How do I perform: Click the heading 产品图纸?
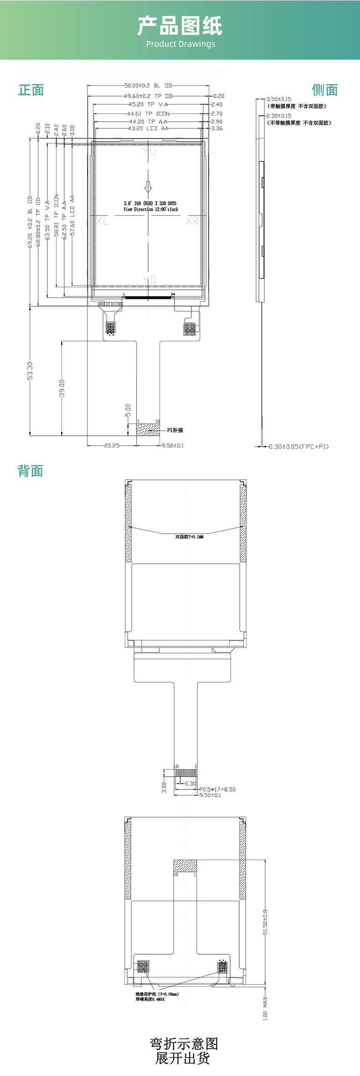point(180,26)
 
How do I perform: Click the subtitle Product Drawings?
point(180,44)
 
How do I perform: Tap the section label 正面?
point(31,90)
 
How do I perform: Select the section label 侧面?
point(325,90)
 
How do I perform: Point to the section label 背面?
point(30,471)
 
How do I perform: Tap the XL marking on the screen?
point(103,221)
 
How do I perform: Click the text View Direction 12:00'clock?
point(151,210)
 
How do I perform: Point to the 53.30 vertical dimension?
point(30,371)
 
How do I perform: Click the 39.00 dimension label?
point(62,388)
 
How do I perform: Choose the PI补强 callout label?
point(175,430)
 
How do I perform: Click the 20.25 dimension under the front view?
point(112,446)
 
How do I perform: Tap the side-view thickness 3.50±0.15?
point(278,99)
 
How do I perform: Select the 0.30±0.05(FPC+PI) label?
point(298,447)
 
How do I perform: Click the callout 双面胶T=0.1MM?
point(189,537)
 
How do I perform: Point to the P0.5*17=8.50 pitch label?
point(217,789)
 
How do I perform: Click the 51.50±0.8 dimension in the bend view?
point(265,922)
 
